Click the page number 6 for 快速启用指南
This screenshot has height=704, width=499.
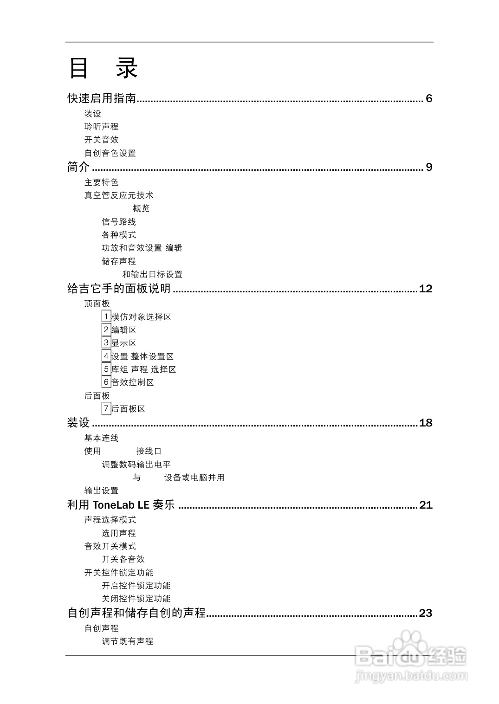point(429,98)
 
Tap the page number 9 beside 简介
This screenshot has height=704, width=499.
point(429,167)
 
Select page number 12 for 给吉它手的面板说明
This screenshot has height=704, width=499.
point(425,289)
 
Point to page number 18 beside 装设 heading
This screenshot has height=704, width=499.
point(425,423)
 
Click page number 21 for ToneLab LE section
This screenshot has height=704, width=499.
point(425,505)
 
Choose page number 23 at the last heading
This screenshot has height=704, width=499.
point(425,613)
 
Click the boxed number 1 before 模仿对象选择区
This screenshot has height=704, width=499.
point(106,316)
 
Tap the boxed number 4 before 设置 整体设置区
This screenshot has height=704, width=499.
point(106,356)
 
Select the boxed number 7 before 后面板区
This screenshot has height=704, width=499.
point(106,408)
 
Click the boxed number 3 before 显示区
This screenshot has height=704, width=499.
point(106,343)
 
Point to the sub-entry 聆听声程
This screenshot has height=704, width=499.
point(101,127)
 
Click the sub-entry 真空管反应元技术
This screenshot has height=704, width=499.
point(118,195)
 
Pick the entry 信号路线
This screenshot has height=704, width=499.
point(119,222)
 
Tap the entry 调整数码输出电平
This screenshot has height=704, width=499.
point(136,464)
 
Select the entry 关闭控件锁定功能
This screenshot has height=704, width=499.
point(136,599)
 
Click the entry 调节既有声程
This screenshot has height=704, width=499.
point(127,641)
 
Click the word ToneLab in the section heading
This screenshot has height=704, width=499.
point(110,505)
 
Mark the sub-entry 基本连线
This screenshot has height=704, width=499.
point(101,438)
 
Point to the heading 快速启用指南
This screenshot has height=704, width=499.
point(102,98)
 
